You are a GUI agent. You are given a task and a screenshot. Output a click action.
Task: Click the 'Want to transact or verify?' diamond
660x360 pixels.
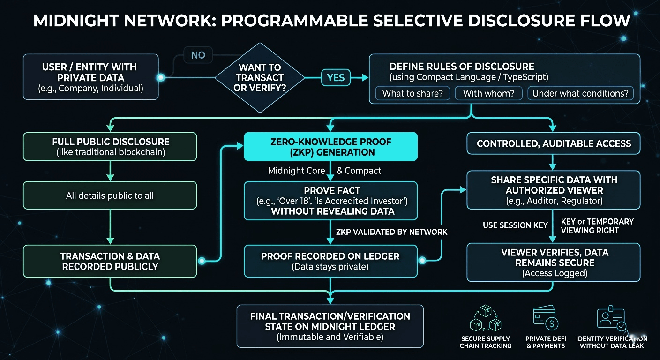(259, 78)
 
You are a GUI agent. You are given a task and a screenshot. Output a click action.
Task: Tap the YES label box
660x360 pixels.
(336, 78)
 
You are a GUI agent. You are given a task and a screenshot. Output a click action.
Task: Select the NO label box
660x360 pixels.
(198, 55)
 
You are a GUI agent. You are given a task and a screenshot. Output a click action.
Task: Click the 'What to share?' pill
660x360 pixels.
(412, 93)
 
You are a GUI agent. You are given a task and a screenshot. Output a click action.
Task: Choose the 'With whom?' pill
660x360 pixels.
(488, 93)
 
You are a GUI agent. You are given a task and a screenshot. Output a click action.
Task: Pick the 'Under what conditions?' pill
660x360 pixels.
(580, 93)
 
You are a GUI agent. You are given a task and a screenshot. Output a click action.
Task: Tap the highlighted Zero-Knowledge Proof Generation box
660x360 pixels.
(330, 147)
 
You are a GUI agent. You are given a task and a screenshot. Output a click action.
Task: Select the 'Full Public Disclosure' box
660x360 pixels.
(111, 147)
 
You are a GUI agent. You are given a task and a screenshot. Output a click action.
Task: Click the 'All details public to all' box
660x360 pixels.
(110, 195)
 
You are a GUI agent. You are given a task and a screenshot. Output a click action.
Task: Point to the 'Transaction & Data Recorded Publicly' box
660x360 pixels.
(110, 262)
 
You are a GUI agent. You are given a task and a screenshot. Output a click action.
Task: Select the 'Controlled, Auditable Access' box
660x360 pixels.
(554, 144)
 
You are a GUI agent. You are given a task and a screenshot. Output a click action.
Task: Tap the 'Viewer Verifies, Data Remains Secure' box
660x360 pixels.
(554, 262)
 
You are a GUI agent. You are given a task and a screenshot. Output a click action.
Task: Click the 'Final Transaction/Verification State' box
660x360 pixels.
(330, 326)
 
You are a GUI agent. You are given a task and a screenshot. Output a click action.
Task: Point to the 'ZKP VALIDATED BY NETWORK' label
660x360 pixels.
(391, 232)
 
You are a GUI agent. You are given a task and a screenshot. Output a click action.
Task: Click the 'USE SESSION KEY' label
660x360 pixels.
(515, 225)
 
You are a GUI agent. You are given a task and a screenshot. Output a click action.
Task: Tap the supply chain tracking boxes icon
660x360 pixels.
(485, 318)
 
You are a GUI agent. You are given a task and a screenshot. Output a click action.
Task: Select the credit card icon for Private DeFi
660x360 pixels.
(545, 318)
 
